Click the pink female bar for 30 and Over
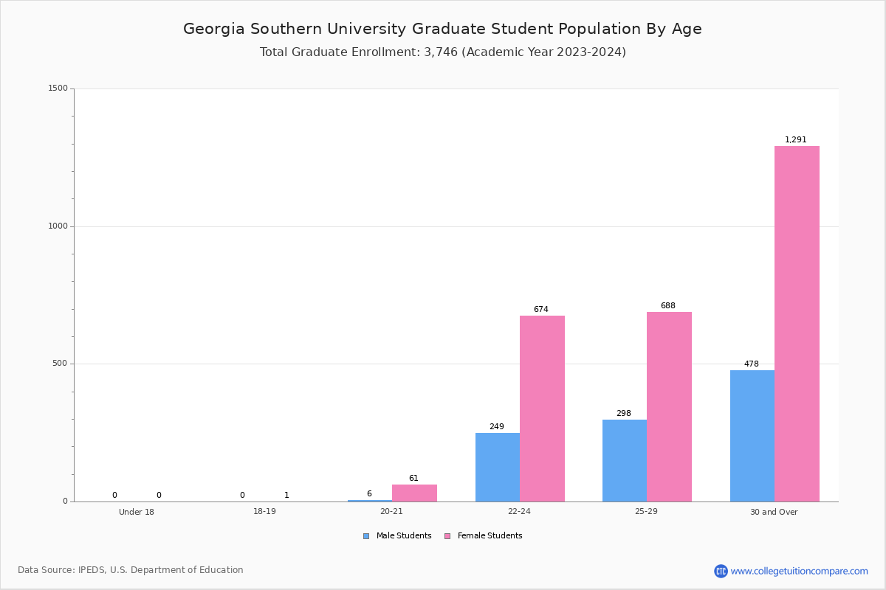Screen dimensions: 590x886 [797, 324]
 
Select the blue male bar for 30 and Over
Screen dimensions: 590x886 [752, 436]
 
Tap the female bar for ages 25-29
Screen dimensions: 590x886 [669, 406]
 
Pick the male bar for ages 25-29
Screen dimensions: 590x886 [625, 460]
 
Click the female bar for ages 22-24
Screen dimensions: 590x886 [542, 409]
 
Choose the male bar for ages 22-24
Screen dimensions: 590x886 [498, 467]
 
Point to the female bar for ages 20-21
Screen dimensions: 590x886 [414, 493]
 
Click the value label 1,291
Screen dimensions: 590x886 [795, 140]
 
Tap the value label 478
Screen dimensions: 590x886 [751, 364]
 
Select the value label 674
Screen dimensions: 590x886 [540, 310]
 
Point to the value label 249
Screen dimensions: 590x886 [496, 427]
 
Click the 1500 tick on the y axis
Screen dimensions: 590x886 [58, 88]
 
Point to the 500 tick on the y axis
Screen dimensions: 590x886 [60, 364]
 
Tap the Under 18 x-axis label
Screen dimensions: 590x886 [137, 512]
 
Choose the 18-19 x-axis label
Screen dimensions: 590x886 [264, 511]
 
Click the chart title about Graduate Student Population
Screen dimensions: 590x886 [442, 29]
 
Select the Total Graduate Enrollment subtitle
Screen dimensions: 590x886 [442, 52]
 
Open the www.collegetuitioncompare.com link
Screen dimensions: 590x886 [799, 571]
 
